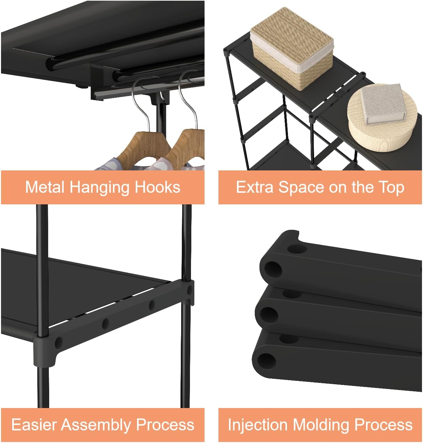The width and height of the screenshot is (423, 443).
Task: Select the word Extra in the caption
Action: [x=254, y=187]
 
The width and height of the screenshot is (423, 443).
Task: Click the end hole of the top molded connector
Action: [x=273, y=269]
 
